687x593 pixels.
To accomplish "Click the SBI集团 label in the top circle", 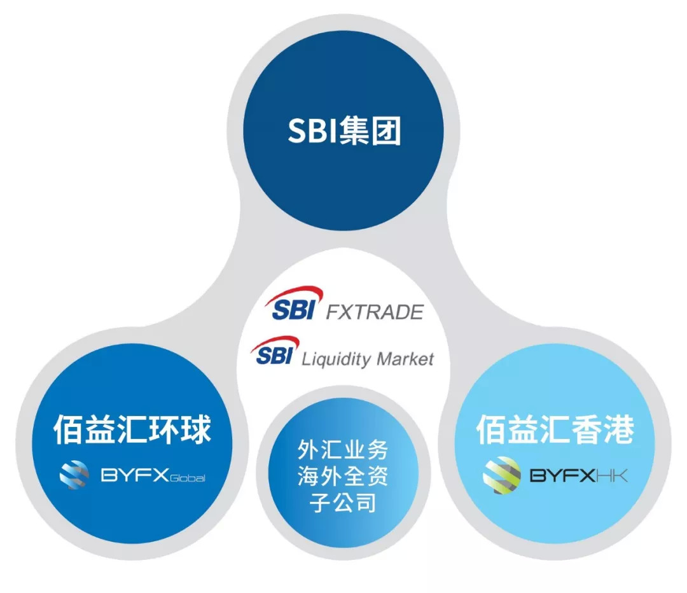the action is point(344,130).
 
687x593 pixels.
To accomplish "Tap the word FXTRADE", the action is point(375,312).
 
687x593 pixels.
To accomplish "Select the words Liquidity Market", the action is point(368,359).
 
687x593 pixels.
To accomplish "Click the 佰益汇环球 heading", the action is point(132,429).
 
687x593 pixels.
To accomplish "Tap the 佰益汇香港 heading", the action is point(555,429).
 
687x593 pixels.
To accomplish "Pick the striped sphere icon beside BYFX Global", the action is point(74,475).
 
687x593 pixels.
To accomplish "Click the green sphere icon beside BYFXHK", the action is point(502,475).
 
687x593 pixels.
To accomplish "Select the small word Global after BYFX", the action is point(187,478).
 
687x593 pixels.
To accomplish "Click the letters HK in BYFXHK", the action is point(612,475).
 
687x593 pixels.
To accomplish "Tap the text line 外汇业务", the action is point(343,450).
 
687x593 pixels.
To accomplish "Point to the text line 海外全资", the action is point(343,475).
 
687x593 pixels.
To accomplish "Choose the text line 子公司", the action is point(343,502).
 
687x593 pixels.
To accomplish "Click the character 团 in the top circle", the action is point(386,130).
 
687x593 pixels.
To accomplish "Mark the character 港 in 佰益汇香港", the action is point(620,429).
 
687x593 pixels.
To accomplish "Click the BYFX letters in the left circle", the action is point(135,475).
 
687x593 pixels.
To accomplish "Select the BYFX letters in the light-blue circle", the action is point(562,475).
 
